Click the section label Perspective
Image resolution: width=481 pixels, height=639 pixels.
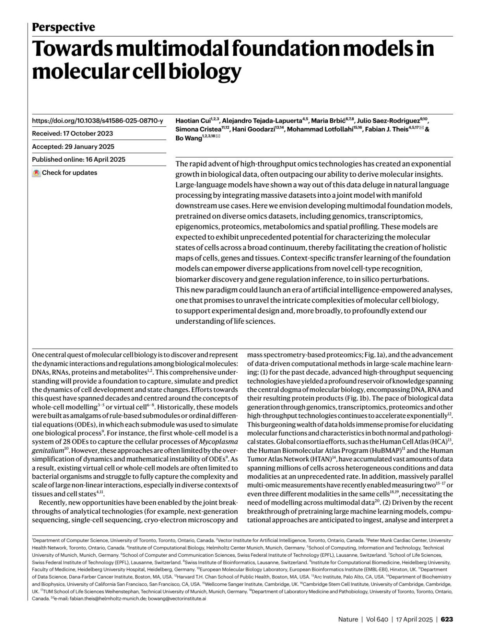click(63, 27)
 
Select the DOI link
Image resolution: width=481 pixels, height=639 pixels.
click(97, 121)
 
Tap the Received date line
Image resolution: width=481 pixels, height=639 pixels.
click(73, 134)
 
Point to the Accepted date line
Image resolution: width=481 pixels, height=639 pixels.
click(73, 146)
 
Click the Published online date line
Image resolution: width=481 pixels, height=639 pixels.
click(79, 159)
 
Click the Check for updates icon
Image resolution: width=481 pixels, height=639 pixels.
click(36, 173)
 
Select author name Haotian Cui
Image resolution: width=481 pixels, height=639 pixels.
click(192, 121)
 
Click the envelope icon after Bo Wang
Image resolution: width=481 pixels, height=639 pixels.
click(218, 137)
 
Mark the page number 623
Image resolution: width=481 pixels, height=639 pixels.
click(447, 619)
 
